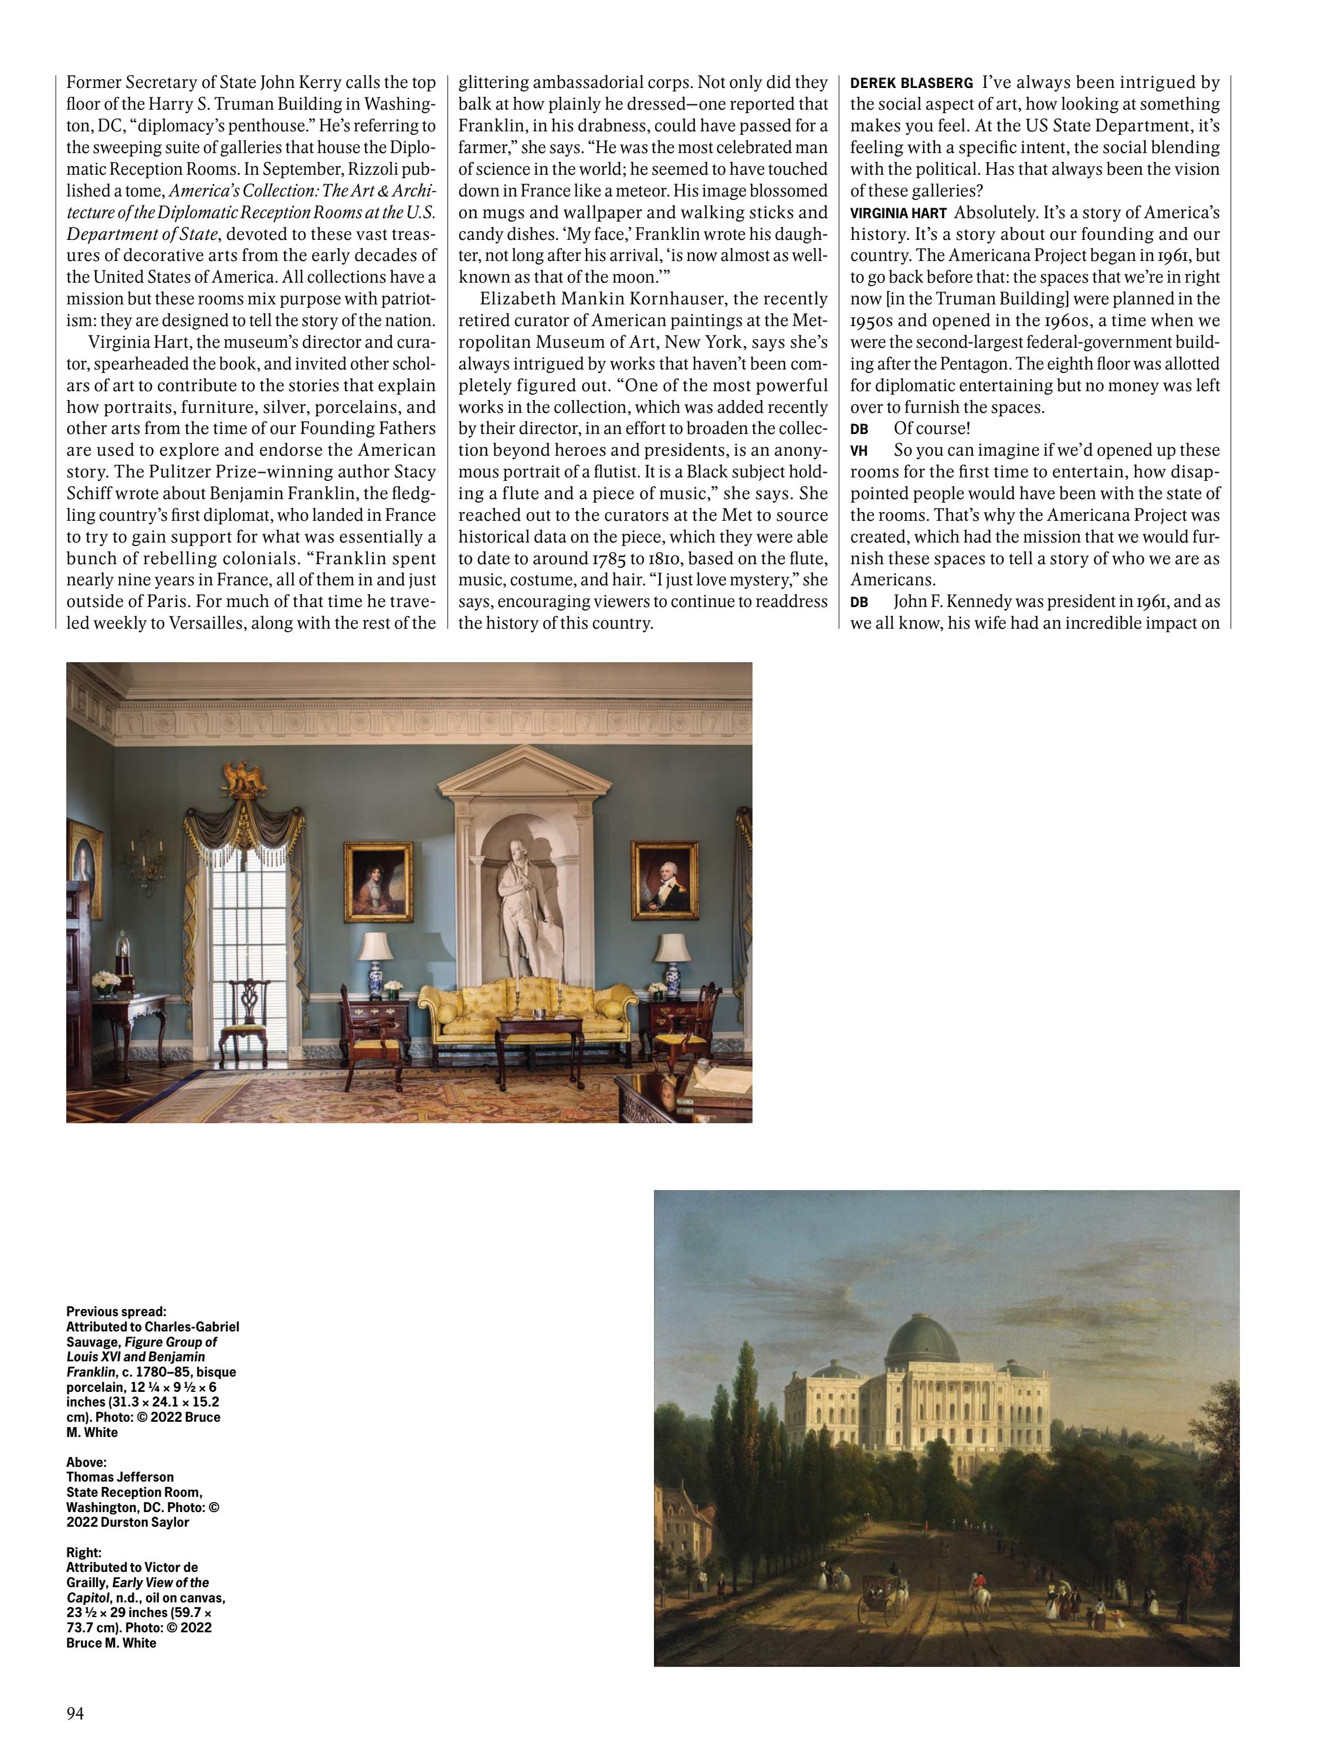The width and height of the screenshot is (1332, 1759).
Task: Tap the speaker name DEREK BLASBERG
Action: point(911,83)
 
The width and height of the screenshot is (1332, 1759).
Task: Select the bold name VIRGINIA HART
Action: point(898,213)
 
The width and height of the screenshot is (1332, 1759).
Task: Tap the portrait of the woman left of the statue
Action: point(378,880)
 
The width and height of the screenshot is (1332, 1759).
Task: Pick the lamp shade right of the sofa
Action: point(672,947)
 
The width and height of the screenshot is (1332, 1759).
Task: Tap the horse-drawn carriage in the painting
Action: point(880,1600)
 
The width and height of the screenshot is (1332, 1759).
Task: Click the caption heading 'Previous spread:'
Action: point(116,1311)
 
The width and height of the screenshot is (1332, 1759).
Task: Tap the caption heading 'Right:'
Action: point(83,1551)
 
